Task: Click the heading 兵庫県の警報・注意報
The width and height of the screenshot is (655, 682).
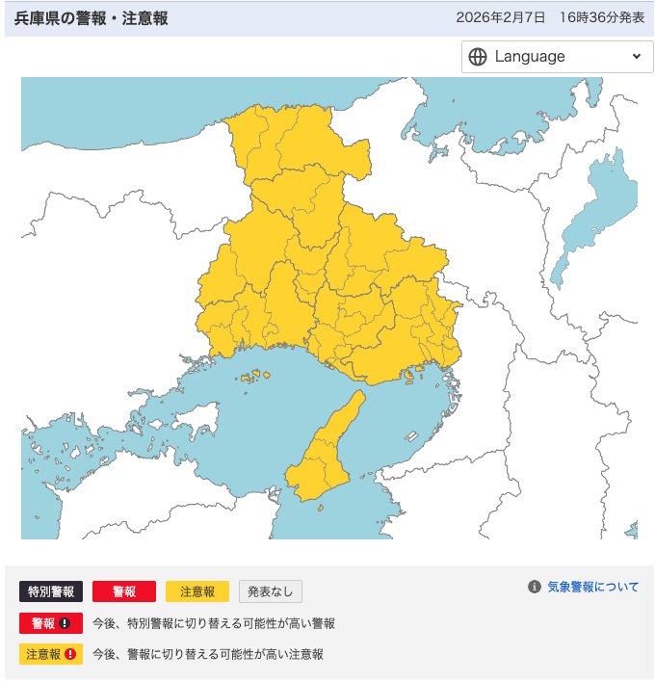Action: pos(91,18)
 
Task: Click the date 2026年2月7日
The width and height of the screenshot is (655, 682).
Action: pos(501,18)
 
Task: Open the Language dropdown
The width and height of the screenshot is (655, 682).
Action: pos(556,57)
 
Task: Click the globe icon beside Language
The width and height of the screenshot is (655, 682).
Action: pos(478,57)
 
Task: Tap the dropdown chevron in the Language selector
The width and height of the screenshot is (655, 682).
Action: pos(636,57)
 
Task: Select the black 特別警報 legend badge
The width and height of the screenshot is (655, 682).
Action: pos(52,591)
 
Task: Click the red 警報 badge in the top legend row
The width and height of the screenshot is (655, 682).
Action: pos(124,591)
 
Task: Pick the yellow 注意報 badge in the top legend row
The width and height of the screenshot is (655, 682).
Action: pos(196,591)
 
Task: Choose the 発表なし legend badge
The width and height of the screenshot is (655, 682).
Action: pos(271,591)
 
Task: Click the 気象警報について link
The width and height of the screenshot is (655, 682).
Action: pos(592,587)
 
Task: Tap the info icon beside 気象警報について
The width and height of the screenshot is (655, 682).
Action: pos(535,587)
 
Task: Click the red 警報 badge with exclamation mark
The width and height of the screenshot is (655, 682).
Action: pos(51,623)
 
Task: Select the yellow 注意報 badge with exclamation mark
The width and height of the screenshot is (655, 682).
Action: pos(51,654)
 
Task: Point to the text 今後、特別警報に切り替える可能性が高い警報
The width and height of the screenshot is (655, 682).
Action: pos(214,623)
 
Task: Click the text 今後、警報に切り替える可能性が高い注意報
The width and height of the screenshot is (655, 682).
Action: pos(208,654)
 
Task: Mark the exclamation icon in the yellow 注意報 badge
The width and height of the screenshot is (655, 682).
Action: pos(70,654)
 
